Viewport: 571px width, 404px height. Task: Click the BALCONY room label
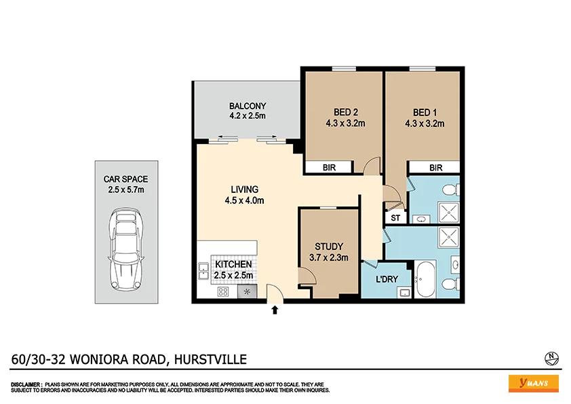click(247, 106)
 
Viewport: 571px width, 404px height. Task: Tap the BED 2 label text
click(346, 112)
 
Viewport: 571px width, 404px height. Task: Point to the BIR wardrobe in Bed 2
click(328, 167)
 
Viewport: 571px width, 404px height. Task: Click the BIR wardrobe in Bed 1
click(435, 167)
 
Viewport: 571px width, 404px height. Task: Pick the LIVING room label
click(244, 189)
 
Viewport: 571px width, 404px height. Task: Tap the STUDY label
click(328, 246)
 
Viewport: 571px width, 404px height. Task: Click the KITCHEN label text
click(233, 264)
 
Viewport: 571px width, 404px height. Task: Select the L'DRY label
click(387, 278)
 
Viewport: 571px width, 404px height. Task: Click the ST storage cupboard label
click(395, 218)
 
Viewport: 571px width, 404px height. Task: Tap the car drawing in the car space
click(126, 249)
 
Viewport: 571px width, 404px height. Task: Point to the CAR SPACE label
click(125, 179)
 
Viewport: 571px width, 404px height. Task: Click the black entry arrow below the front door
click(275, 310)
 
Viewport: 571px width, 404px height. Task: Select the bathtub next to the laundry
click(425, 280)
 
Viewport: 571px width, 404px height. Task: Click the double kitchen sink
click(203, 272)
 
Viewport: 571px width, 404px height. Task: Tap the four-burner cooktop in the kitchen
click(222, 292)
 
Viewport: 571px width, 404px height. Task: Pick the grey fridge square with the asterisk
click(246, 292)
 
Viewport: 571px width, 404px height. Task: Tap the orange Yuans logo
click(533, 383)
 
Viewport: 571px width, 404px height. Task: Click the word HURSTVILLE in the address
click(210, 359)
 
